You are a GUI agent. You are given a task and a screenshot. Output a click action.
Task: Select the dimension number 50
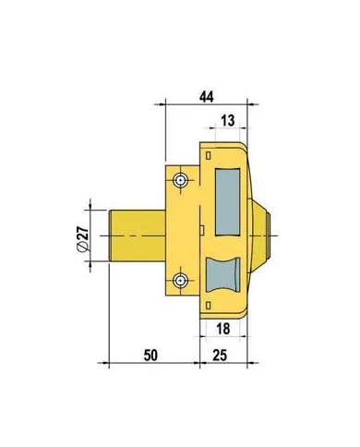pyautogui.click(x=153, y=353)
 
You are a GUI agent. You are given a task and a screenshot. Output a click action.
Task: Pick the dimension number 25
pyautogui.click(x=220, y=353)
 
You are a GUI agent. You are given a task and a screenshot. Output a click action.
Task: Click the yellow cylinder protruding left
pyautogui.click(x=138, y=236)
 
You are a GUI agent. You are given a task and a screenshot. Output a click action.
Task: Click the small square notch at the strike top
pyautogui.click(x=210, y=152)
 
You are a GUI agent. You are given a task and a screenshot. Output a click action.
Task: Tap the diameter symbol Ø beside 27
pyautogui.click(x=82, y=247)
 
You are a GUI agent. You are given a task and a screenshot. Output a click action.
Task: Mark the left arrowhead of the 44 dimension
pyautogui.click(x=167, y=105)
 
